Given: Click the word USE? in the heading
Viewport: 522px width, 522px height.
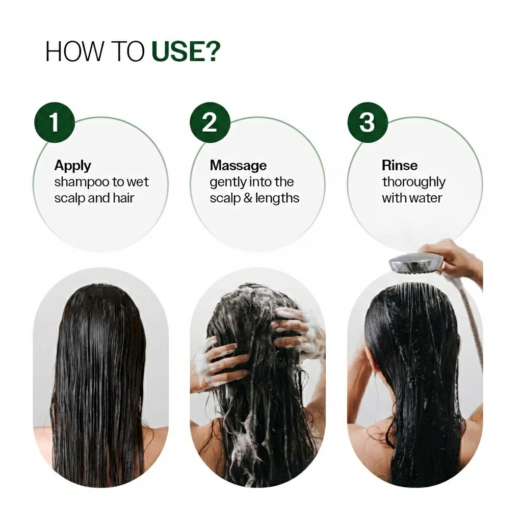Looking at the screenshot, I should pos(186,52).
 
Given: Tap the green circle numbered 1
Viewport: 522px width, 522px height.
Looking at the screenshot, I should pos(54,122).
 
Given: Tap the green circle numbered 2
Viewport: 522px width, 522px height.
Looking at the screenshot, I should pos(210,122).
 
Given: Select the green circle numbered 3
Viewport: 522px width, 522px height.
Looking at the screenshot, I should pos(367,122).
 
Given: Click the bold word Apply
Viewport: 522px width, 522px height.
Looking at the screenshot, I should pos(72,166).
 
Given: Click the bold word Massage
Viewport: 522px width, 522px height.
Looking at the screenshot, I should pos(238,166).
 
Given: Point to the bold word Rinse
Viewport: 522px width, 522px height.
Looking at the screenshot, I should pos(400,166).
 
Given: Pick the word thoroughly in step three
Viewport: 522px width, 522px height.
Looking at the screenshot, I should pos(413,182).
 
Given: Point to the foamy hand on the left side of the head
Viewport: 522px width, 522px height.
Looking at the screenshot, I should pos(214,364).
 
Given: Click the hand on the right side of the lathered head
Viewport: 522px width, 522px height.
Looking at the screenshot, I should pos(296,331).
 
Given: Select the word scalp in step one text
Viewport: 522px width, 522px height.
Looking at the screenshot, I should pos(69,198).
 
